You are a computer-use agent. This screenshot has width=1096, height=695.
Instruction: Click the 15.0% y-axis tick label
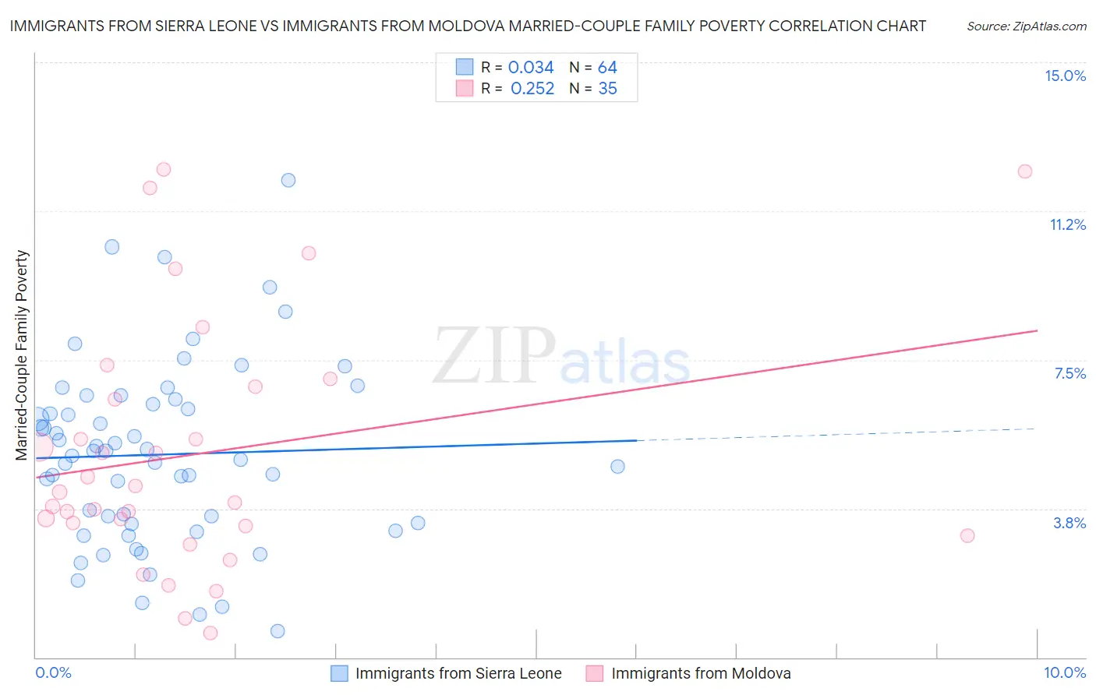tap(1065, 76)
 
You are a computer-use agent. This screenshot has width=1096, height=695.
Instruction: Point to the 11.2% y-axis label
tap(1067, 224)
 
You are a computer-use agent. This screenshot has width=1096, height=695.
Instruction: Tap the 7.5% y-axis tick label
tap(1069, 373)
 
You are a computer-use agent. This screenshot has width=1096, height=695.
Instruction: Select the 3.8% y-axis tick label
tap(1069, 523)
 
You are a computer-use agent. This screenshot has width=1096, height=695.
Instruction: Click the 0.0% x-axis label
tap(53, 672)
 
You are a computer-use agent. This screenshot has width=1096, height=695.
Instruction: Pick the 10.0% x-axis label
tap(1065, 672)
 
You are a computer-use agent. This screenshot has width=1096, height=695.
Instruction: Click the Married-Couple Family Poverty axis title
tap(22, 355)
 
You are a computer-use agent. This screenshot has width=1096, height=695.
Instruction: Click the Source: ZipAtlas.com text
tap(1026, 26)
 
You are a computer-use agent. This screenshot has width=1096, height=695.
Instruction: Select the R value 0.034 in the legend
tap(531, 68)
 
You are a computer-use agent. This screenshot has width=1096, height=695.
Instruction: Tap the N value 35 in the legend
tap(607, 89)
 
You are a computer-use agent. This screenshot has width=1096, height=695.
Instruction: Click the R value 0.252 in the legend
tap(532, 89)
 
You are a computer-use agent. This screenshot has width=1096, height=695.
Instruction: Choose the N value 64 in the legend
tap(607, 68)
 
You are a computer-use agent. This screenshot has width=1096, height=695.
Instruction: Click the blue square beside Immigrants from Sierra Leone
tap(339, 673)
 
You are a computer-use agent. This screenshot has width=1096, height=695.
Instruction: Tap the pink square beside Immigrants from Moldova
tap(595, 673)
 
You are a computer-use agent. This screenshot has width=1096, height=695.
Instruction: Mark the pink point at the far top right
tap(1025, 171)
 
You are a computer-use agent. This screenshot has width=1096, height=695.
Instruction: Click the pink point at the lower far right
tap(967, 535)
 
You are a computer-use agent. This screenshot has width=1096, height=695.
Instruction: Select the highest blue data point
tap(288, 180)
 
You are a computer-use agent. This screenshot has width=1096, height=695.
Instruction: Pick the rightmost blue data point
tap(617, 467)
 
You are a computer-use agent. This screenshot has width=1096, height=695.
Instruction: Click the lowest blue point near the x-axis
tap(278, 631)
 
